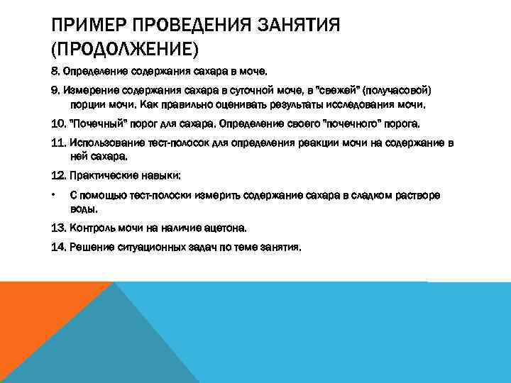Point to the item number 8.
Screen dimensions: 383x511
[x=55, y=72]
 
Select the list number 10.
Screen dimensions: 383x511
[x=58, y=123]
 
